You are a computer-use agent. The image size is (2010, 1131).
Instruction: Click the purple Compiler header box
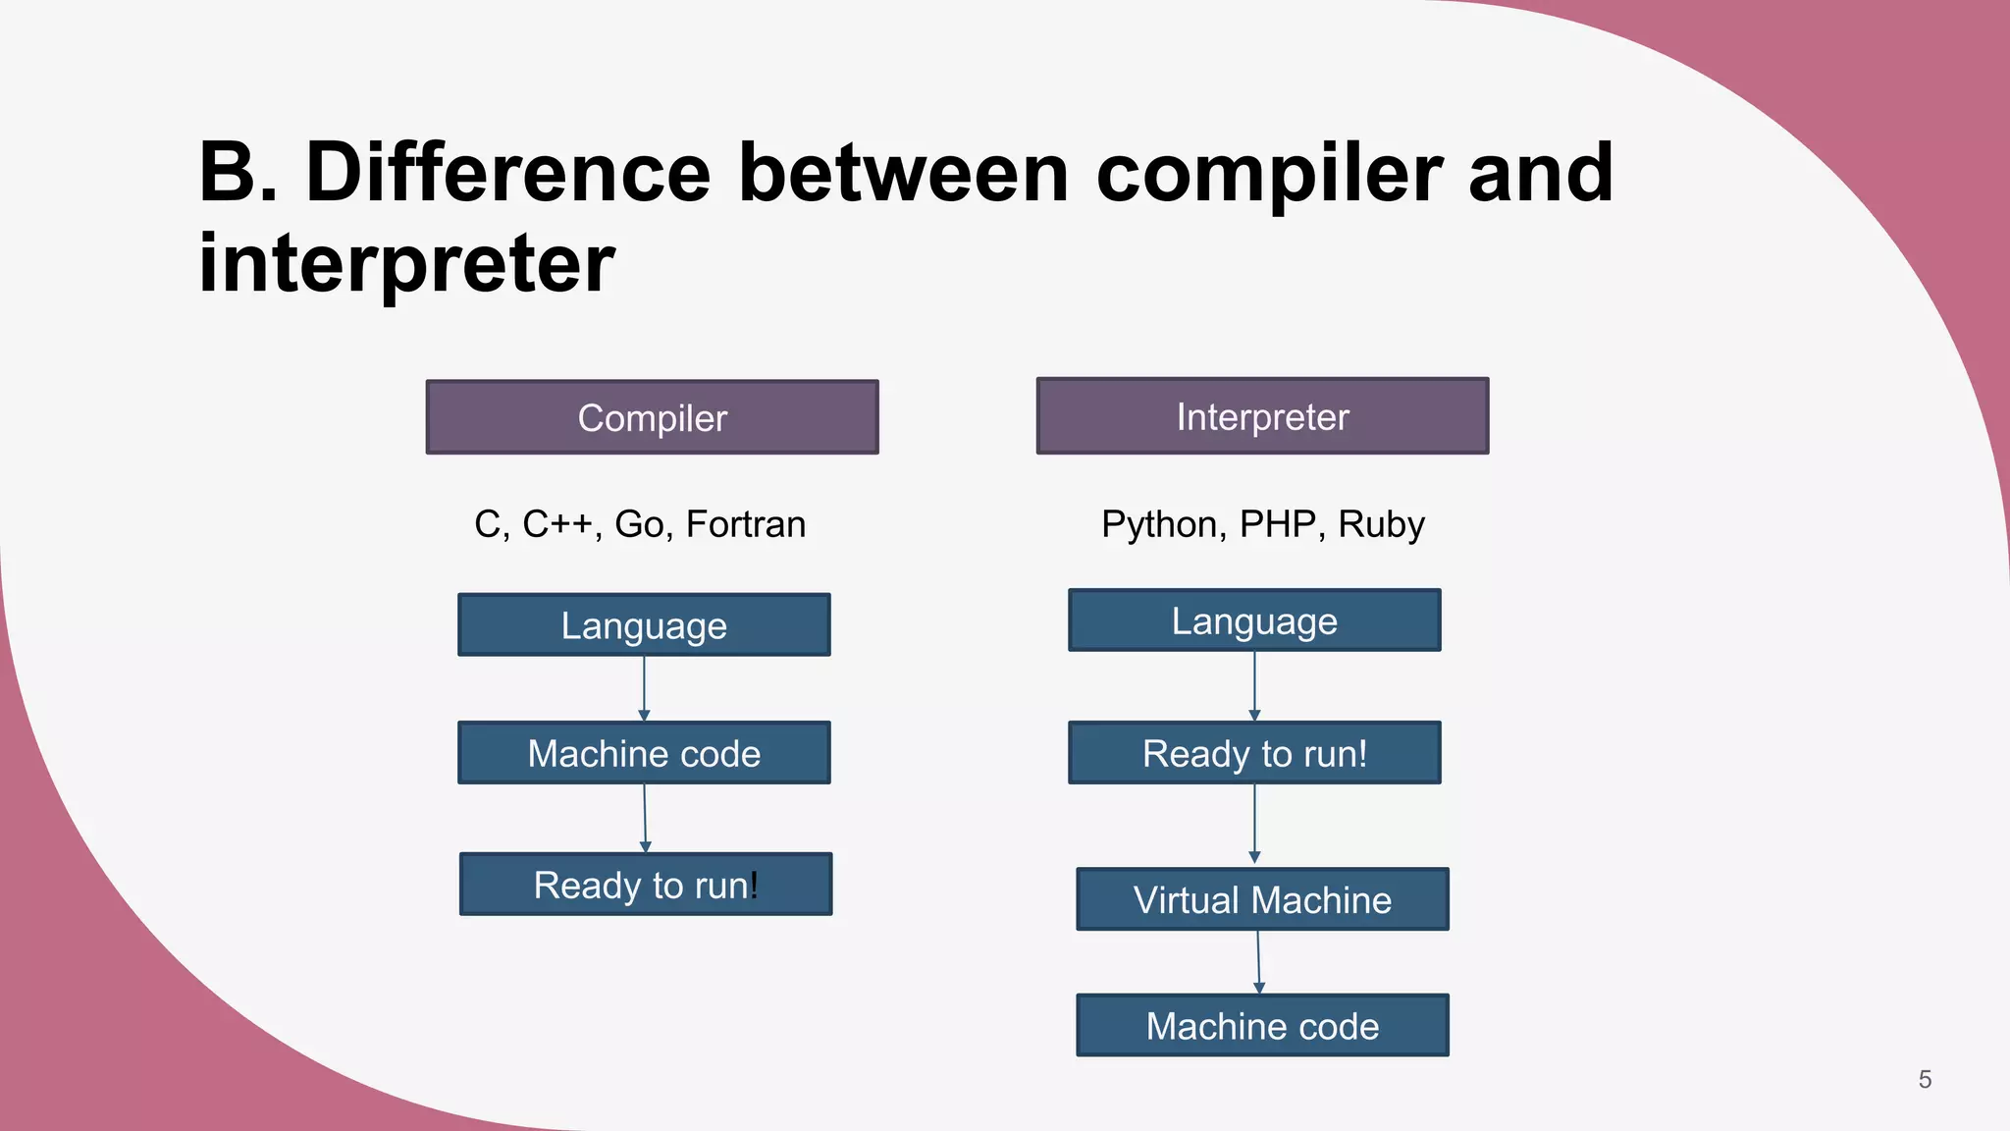click(652, 417)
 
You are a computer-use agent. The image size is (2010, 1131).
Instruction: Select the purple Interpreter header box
click(1262, 416)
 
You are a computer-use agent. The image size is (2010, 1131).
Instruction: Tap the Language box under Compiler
click(644, 624)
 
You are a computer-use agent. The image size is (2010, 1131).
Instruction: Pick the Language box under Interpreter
click(1254, 620)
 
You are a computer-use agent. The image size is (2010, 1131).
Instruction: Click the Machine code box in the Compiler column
click(644, 753)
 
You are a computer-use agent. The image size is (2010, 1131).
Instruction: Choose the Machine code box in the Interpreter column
click(1262, 1026)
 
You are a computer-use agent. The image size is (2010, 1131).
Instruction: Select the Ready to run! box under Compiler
click(646, 885)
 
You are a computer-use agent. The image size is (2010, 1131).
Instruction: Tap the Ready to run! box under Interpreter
click(1254, 753)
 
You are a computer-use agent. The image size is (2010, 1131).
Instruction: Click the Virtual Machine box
click(1262, 899)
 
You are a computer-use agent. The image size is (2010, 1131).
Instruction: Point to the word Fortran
click(745, 524)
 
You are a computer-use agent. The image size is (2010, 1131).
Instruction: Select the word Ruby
click(1381, 524)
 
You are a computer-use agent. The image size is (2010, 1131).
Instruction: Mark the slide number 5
click(1925, 1080)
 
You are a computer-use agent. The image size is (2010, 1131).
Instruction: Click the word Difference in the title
click(507, 173)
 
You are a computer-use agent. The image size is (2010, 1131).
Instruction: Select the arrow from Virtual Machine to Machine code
click(1259, 962)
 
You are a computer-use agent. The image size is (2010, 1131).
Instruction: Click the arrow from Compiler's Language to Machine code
click(644, 688)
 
